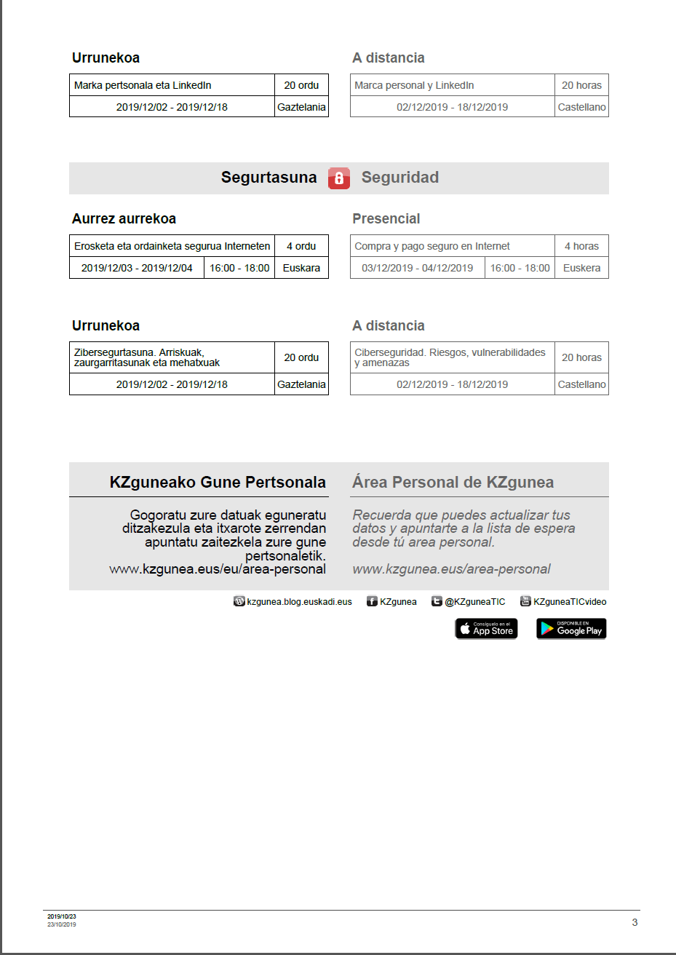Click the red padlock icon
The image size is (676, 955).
339,178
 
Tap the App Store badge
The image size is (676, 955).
486,628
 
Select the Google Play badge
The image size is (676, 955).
571,628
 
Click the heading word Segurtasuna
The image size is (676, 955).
269,178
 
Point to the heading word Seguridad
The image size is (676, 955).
399,178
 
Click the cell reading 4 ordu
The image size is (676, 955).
301,246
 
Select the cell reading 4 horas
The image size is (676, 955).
581,246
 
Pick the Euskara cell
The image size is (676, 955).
301,268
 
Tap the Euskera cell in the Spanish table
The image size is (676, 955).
581,268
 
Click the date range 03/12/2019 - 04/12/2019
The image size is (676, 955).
417,268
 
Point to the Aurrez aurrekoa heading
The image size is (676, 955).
124,218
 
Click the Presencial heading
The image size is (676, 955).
386,218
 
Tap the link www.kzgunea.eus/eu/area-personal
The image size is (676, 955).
218,569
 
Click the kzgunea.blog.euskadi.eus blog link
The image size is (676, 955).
299,602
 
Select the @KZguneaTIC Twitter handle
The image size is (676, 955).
474,602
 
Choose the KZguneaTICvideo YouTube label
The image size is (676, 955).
569,602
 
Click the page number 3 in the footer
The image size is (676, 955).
635,922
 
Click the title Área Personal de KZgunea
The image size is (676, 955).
453,482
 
